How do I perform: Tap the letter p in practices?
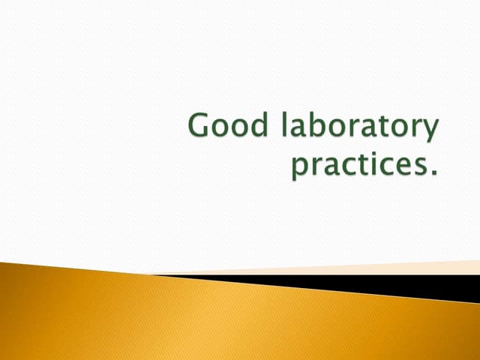click(299, 169)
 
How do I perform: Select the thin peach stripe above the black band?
click(375, 268)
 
